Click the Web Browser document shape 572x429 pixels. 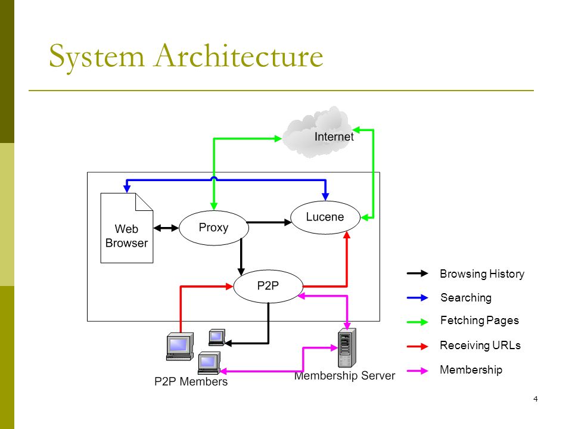click(126, 228)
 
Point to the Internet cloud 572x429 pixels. click(318, 133)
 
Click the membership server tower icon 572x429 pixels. click(347, 347)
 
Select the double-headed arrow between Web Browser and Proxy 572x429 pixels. click(166, 228)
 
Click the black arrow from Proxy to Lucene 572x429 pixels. click(269, 222)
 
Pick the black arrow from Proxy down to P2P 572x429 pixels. click(241, 257)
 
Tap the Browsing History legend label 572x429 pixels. click(482, 273)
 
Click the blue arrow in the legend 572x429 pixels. click(418, 298)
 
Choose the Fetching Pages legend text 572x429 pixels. click(479, 321)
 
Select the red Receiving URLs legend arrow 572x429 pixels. click(418, 346)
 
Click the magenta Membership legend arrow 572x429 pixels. click(418, 371)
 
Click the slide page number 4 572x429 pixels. click(536, 399)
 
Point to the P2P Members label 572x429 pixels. click(191, 381)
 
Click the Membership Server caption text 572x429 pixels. click(345, 375)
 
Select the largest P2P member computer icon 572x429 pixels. click(180, 346)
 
